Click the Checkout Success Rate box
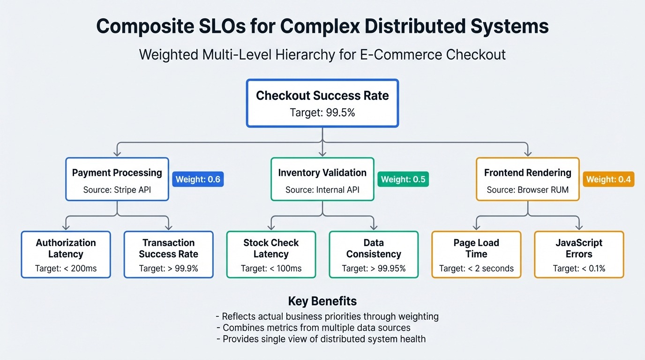(322, 103)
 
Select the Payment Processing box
(117, 179)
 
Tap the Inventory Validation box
(322, 179)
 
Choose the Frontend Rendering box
(527, 179)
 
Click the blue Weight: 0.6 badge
(198, 179)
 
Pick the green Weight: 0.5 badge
(403, 179)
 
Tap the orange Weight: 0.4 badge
(608, 179)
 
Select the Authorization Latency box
(66, 255)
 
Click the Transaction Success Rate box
(168, 255)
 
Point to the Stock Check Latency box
(271, 255)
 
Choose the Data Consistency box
(374, 255)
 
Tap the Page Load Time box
(476, 255)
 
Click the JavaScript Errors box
(579, 255)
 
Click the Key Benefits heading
(322, 301)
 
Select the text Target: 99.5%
(322, 112)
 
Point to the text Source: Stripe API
(117, 190)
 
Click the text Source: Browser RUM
(527, 190)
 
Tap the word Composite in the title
(145, 27)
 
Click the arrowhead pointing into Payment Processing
(117, 153)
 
